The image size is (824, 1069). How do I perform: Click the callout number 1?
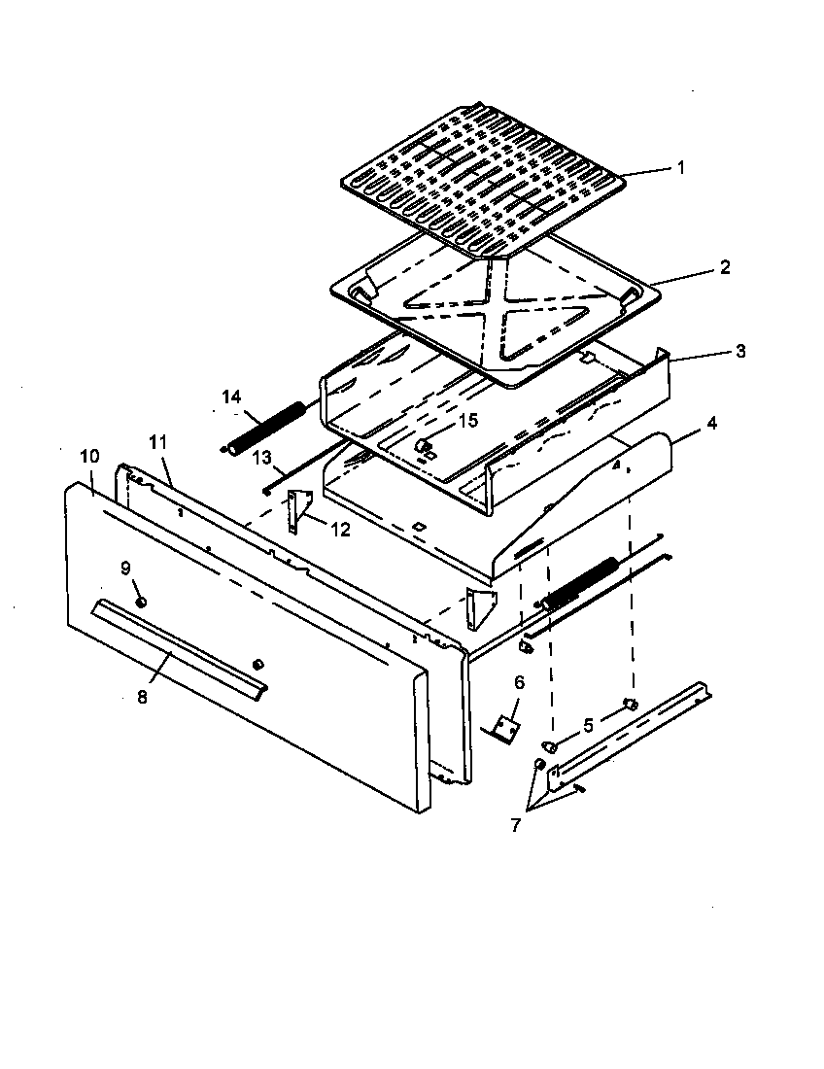coord(680,167)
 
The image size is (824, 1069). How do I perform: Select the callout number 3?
coord(740,351)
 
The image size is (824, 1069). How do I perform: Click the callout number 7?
coord(515,825)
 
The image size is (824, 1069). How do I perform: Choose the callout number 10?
coord(89,456)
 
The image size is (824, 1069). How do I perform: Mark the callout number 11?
coord(158,442)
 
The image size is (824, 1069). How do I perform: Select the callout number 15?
coord(468,420)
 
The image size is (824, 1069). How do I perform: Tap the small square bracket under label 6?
coord(506,727)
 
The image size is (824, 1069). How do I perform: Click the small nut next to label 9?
coord(141,603)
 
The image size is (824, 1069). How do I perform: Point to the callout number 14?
coord(230,396)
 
